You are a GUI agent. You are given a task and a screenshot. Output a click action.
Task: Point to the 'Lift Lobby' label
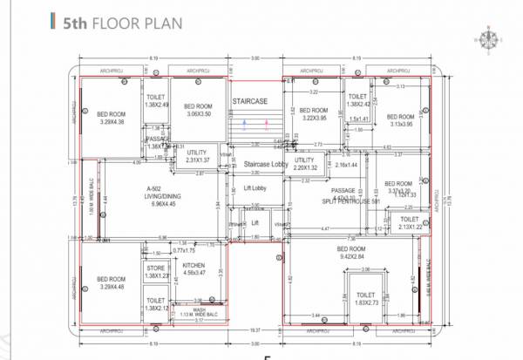click(254, 187)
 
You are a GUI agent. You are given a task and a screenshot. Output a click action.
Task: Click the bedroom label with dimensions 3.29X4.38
click(111, 118)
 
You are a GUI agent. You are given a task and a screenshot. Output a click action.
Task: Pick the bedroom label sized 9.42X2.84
click(354, 254)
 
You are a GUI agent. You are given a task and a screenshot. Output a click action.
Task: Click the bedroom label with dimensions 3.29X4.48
click(111, 282)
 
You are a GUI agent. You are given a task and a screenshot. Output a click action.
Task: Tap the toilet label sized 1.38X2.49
click(157, 101)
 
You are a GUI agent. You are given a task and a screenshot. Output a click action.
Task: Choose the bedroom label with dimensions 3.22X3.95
click(313, 114)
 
